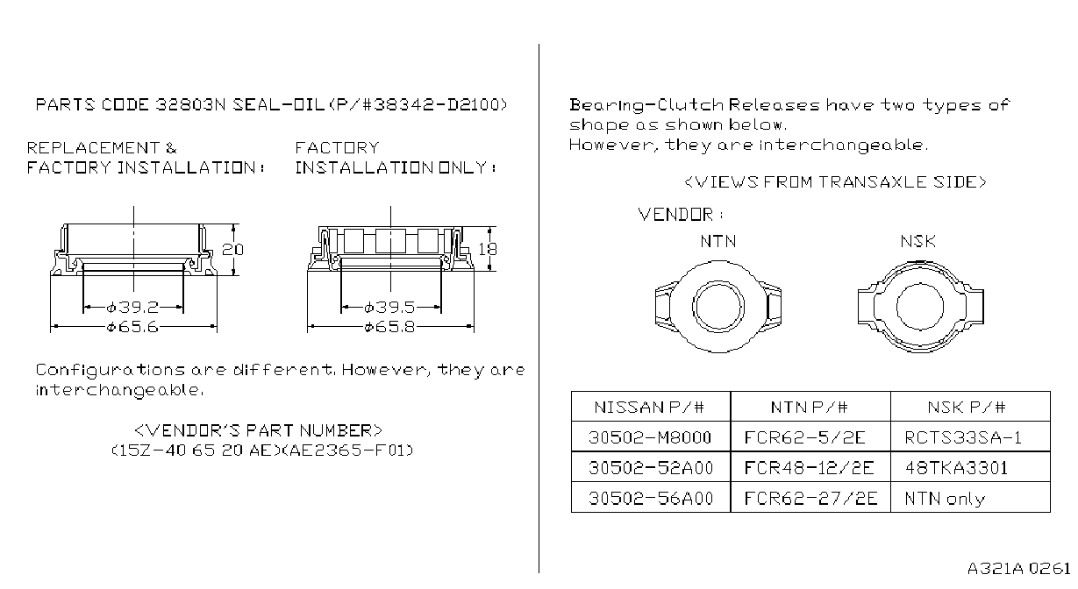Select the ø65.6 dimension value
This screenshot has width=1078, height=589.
pyautogui.click(x=132, y=327)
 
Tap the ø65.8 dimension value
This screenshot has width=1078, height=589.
pyautogui.click(x=389, y=327)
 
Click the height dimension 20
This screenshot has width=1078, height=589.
pyautogui.click(x=233, y=250)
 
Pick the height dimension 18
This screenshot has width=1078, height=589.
pyautogui.click(x=488, y=249)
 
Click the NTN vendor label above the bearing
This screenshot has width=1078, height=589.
pyautogui.click(x=718, y=241)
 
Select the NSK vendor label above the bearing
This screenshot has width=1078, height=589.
pyautogui.click(x=918, y=241)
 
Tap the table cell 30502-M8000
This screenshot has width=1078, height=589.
pyautogui.click(x=650, y=437)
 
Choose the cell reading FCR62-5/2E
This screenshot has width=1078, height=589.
pyautogui.click(x=804, y=437)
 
